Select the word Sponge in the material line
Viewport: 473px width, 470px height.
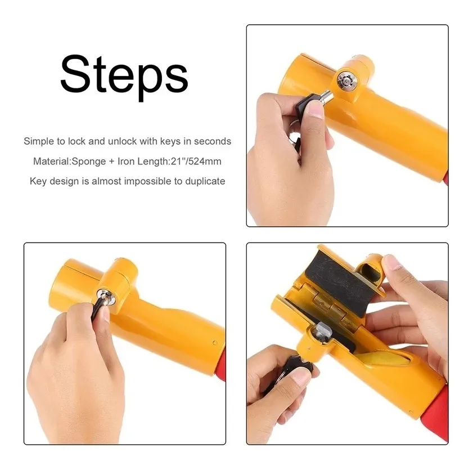(x=89, y=162)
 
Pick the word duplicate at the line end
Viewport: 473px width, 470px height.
(x=205, y=181)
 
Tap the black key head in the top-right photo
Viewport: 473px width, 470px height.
(x=308, y=104)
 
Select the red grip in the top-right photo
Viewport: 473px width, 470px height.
(x=445, y=177)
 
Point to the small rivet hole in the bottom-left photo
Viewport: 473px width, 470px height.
(x=215, y=343)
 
